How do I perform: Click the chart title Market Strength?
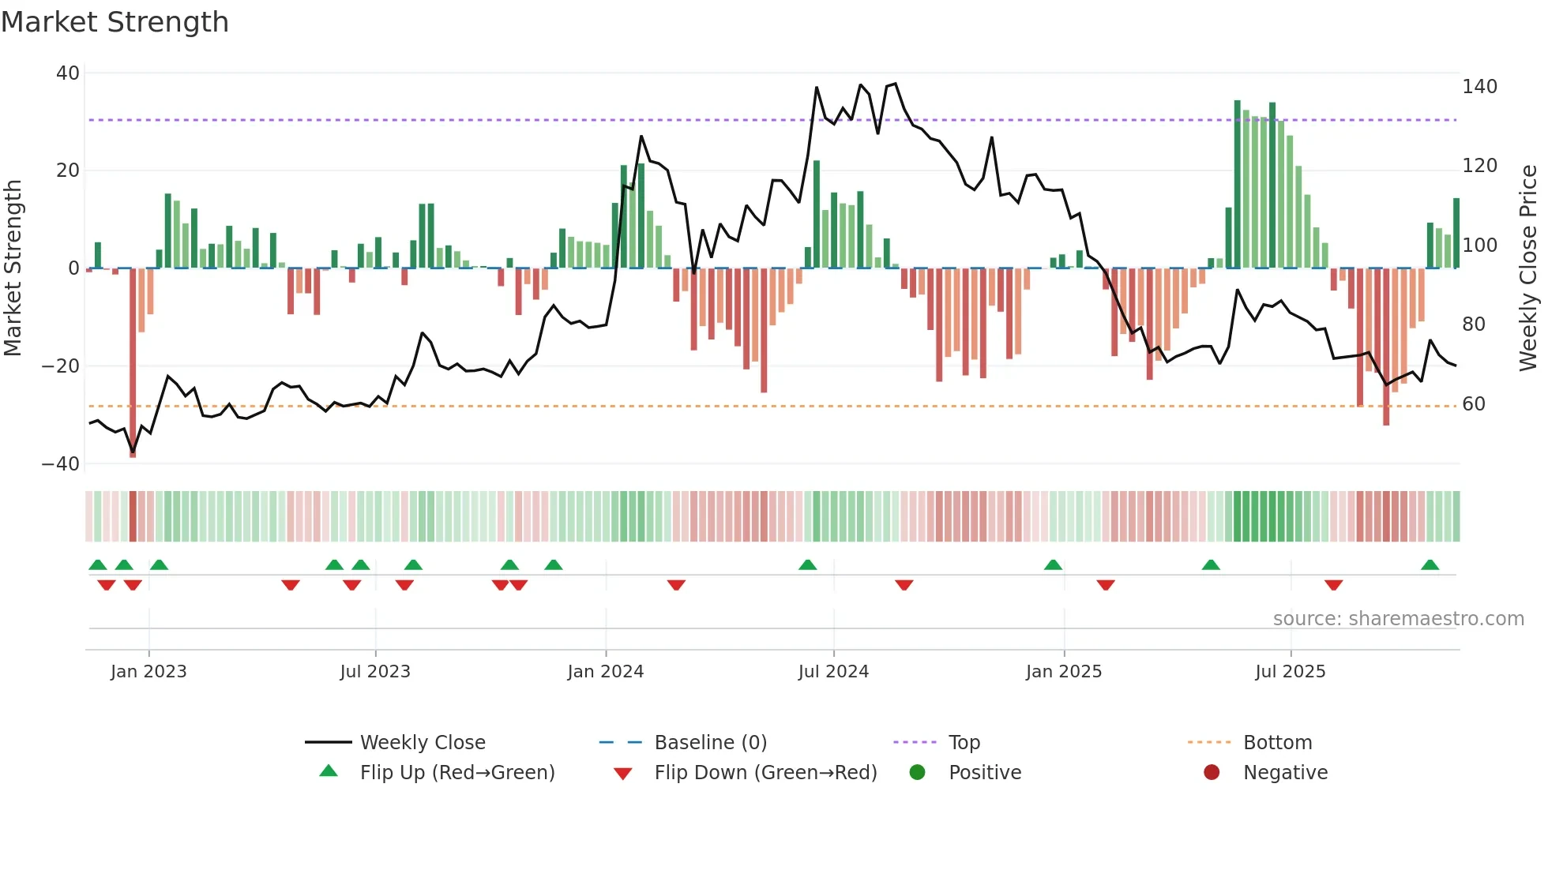pyautogui.click(x=115, y=22)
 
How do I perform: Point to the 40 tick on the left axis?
pyautogui.click(x=68, y=73)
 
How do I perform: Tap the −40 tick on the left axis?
pyautogui.click(x=61, y=464)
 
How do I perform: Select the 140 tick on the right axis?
pyautogui.click(x=1479, y=87)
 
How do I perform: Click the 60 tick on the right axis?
pyautogui.click(x=1474, y=404)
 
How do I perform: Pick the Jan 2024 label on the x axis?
pyautogui.click(x=605, y=672)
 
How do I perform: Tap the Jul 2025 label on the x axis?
pyautogui.click(x=1290, y=672)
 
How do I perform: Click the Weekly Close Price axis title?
pyautogui.click(x=1528, y=268)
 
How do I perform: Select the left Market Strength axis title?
pyautogui.click(x=13, y=268)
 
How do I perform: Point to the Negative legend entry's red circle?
pyautogui.click(x=1212, y=773)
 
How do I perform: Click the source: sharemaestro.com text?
pyautogui.click(x=1398, y=619)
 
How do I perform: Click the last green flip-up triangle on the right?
pyautogui.click(x=1430, y=565)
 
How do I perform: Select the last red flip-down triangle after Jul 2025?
pyautogui.click(x=1333, y=585)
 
